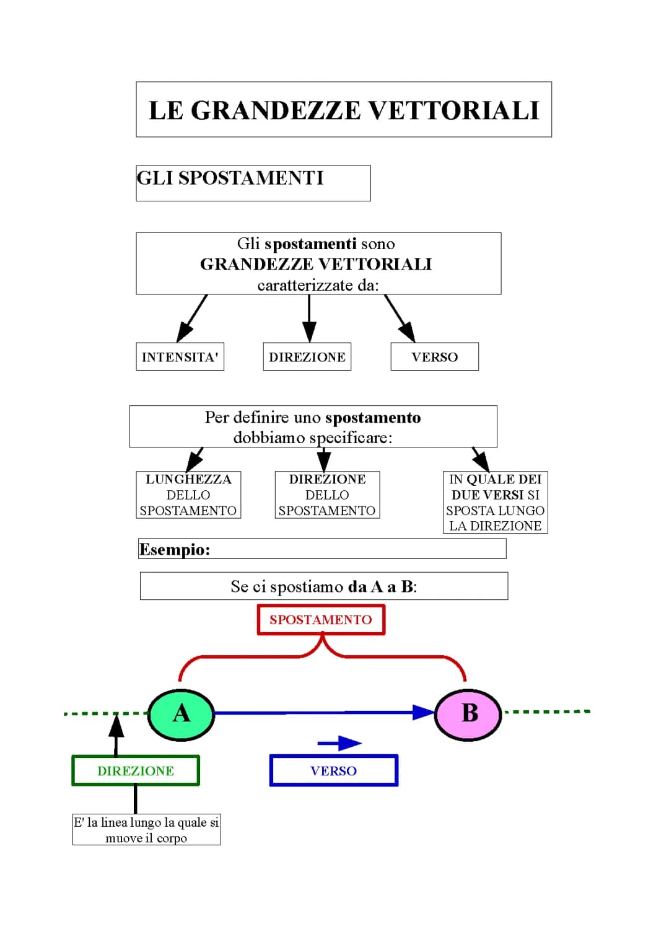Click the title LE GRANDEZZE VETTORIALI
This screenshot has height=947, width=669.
[344, 110]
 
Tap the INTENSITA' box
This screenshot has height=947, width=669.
[180, 357]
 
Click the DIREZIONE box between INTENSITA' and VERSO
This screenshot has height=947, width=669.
[307, 357]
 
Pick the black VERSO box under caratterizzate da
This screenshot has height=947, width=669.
[434, 357]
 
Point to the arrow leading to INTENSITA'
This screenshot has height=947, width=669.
[191, 318]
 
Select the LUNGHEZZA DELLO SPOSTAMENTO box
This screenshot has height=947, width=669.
[188, 495]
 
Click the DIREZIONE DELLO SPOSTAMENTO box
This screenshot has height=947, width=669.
[327, 495]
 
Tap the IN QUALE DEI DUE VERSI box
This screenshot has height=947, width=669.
[495, 502]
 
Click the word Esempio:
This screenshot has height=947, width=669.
[175, 550]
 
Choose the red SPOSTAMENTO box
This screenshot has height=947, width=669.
[321, 620]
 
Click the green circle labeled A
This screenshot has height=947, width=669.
[181, 714]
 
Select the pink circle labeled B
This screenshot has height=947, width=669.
[468, 714]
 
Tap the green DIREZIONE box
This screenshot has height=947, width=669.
[136, 771]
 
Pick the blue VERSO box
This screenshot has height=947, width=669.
[333, 771]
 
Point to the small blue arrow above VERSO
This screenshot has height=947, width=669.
[339, 743]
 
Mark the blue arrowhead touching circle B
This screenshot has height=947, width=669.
[424, 713]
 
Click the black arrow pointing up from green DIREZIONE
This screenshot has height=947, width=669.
[116, 734]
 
